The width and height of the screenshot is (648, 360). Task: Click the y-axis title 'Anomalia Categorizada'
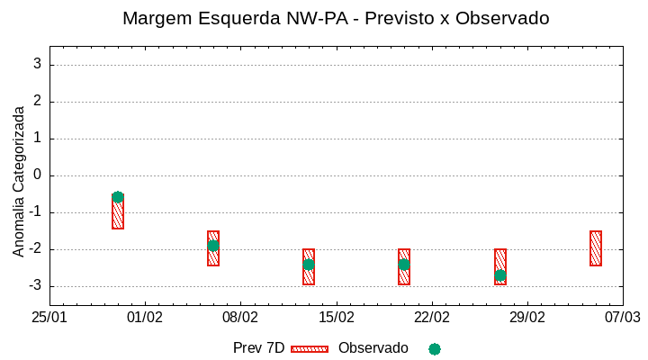click(19, 182)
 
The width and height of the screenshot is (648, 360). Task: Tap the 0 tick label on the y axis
click(38, 175)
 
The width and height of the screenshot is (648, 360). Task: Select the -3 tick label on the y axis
click(34, 286)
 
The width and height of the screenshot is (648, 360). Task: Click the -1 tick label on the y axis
click(34, 212)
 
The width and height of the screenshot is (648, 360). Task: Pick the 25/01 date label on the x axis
click(49, 318)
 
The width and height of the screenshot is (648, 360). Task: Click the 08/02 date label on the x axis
click(240, 318)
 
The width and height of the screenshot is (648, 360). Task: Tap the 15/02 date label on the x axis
click(336, 318)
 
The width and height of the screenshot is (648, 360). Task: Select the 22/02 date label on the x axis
click(431, 318)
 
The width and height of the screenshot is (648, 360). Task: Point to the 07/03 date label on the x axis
click(622, 318)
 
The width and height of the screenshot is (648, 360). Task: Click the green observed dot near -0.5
click(118, 197)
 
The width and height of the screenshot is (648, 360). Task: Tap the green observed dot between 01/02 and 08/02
click(213, 246)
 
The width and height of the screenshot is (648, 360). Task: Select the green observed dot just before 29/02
click(500, 275)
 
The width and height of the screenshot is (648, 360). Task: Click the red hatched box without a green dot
click(596, 248)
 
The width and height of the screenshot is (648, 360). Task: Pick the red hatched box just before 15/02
click(309, 266)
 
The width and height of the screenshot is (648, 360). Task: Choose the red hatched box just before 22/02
click(404, 266)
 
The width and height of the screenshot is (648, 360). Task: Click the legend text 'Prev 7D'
click(258, 348)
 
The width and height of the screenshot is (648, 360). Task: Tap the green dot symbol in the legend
click(435, 349)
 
